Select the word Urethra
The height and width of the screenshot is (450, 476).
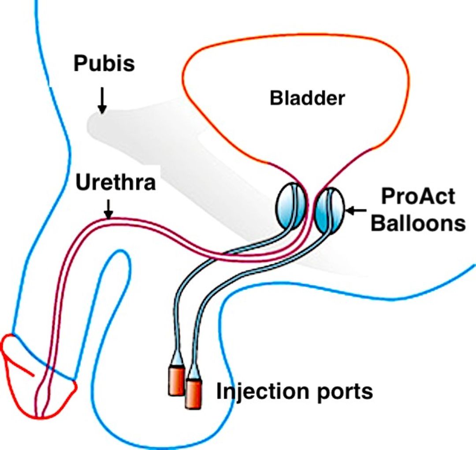pyautogui.click(x=115, y=182)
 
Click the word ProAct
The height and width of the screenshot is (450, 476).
pyautogui.click(x=417, y=197)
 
